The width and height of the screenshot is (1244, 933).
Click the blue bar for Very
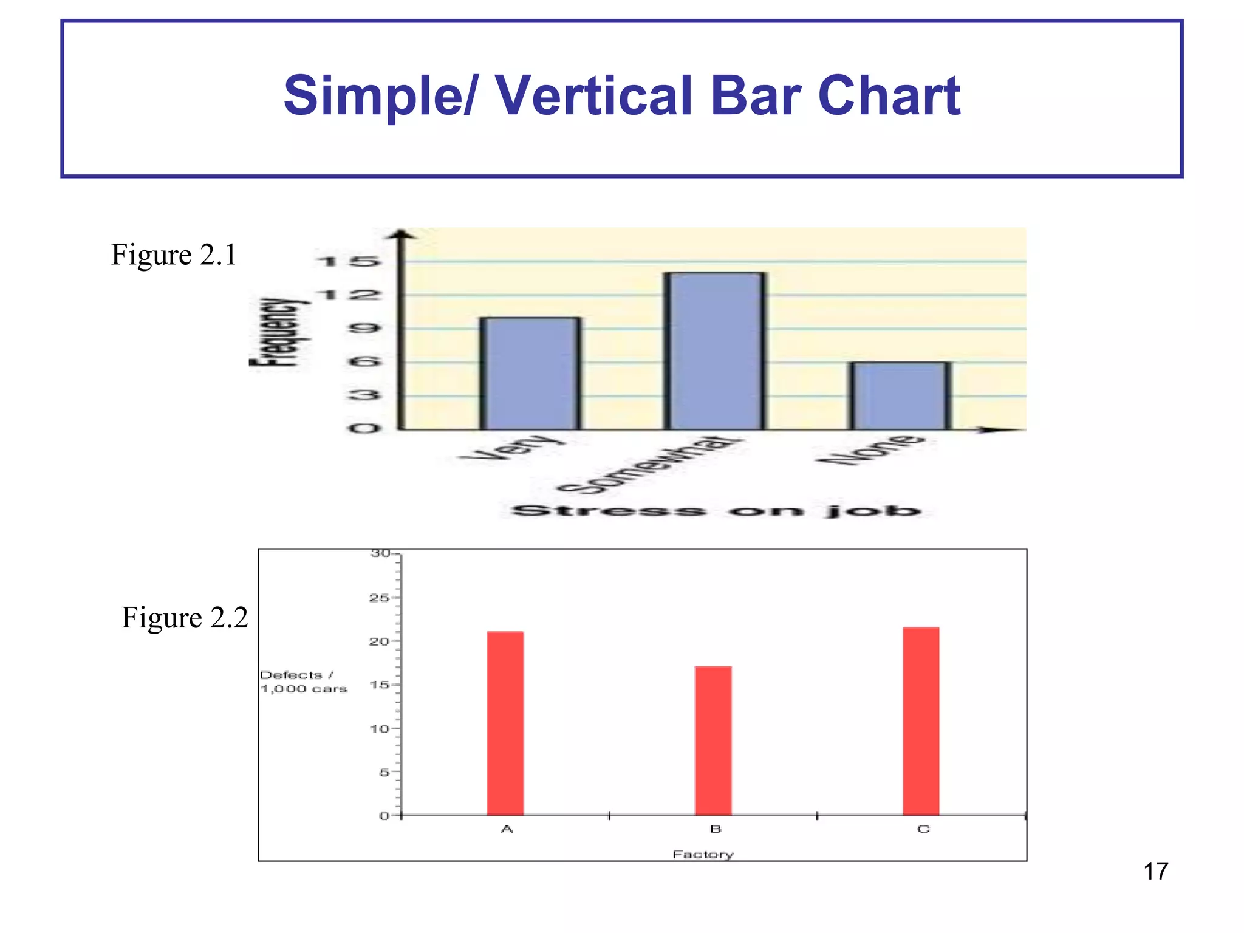pos(530,374)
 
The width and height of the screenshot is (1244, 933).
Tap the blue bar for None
pos(900,396)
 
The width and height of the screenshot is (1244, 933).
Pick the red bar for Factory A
pos(505,723)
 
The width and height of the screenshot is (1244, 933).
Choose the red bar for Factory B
pos(713,740)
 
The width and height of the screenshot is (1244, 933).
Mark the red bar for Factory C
pos(921,721)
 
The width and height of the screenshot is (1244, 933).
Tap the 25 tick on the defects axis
pos(379,598)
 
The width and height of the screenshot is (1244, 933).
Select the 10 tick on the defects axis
pos(379,728)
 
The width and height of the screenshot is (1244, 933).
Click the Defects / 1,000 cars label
pos(303,682)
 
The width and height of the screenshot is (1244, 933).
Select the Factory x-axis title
pos(703,854)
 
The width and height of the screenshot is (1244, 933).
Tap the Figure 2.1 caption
pos(174,255)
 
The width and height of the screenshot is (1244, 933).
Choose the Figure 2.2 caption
pos(185,618)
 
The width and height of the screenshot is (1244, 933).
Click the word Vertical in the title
pos(594,96)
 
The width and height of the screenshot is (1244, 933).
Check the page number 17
pos(1155,871)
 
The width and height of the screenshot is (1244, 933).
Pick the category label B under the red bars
pos(716,829)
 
